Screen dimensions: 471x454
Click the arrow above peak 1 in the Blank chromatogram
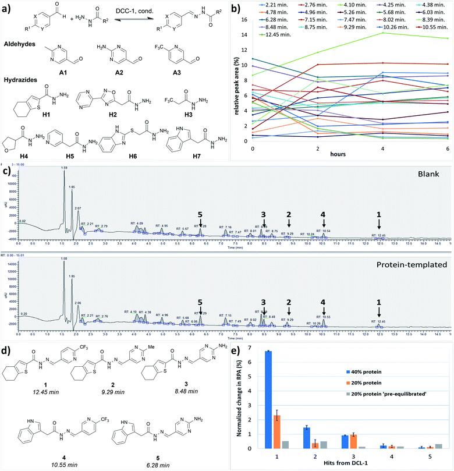pos(378,224)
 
